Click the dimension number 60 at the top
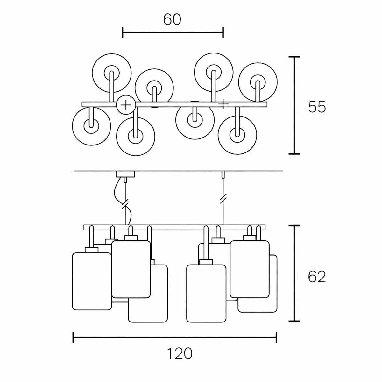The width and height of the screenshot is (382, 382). click(172, 20)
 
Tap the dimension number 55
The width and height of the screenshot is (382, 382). click(317, 107)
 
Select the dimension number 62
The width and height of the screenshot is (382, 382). click(317, 277)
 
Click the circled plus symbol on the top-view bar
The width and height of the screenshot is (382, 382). click(126, 105)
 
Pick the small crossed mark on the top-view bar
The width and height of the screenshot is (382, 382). click(223, 104)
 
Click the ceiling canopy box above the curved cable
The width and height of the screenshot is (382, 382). click(125, 174)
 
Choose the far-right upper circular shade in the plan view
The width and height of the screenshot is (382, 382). click(258, 82)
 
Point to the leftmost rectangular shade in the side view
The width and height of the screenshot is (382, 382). click(92, 281)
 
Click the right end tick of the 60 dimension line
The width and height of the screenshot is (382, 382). click(223, 32)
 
